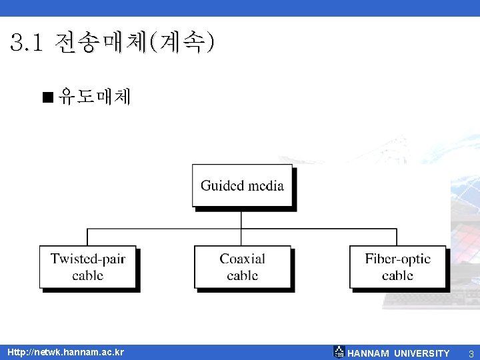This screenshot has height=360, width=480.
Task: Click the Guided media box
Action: pyautogui.click(x=243, y=186)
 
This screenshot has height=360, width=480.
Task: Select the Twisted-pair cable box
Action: pyautogui.click(x=87, y=267)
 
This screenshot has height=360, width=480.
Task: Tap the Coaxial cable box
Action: pyautogui.click(x=243, y=267)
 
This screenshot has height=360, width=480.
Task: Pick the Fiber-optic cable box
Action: pyautogui.click(x=397, y=267)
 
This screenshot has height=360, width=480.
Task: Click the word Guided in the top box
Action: pyautogui.click(x=223, y=185)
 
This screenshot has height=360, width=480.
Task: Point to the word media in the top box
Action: pyautogui.click(x=266, y=185)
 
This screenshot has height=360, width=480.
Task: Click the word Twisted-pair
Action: pyautogui.click(x=88, y=259)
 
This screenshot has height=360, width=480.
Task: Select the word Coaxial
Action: pyautogui.click(x=243, y=259)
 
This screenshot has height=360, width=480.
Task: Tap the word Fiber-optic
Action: pyautogui.click(x=398, y=259)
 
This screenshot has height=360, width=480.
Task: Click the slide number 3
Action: pyautogui.click(x=471, y=353)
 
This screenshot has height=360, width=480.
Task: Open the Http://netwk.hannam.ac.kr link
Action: pyautogui.click(x=65, y=352)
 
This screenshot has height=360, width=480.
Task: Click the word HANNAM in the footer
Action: pyautogui.click(x=369, y=353)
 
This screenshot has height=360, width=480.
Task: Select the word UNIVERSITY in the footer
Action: pyautogui.click(x=421, y=353)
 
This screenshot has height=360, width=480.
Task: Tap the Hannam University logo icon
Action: pyautogui.click(x=339, y=352)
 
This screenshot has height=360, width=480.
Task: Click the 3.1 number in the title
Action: pyautogui.click(x=27, y=44)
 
